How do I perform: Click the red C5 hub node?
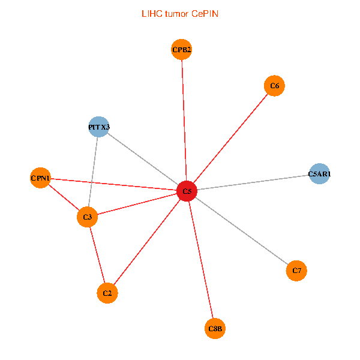tap(187, 191)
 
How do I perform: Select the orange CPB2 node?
tap(181, 50)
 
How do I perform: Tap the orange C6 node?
tap(274, 86)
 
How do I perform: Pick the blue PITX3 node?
tap(98, 127)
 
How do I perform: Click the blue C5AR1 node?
tap(319, 174)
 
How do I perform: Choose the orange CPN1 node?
tap(40, 178)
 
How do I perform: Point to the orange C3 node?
tap(88, 217)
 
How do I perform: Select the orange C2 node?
tap(107, 293)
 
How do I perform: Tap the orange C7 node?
tap(296, 271)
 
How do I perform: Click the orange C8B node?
tap(215, 328)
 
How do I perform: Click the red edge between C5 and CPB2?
tap(184, 120)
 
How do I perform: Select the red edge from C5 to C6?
tap(230, 138)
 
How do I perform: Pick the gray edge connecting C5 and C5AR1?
tap(252, 182)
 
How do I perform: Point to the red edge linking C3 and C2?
tap(97, 254)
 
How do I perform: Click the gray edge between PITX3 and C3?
tap(93, 172)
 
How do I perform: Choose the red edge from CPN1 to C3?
tap(64, 197)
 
